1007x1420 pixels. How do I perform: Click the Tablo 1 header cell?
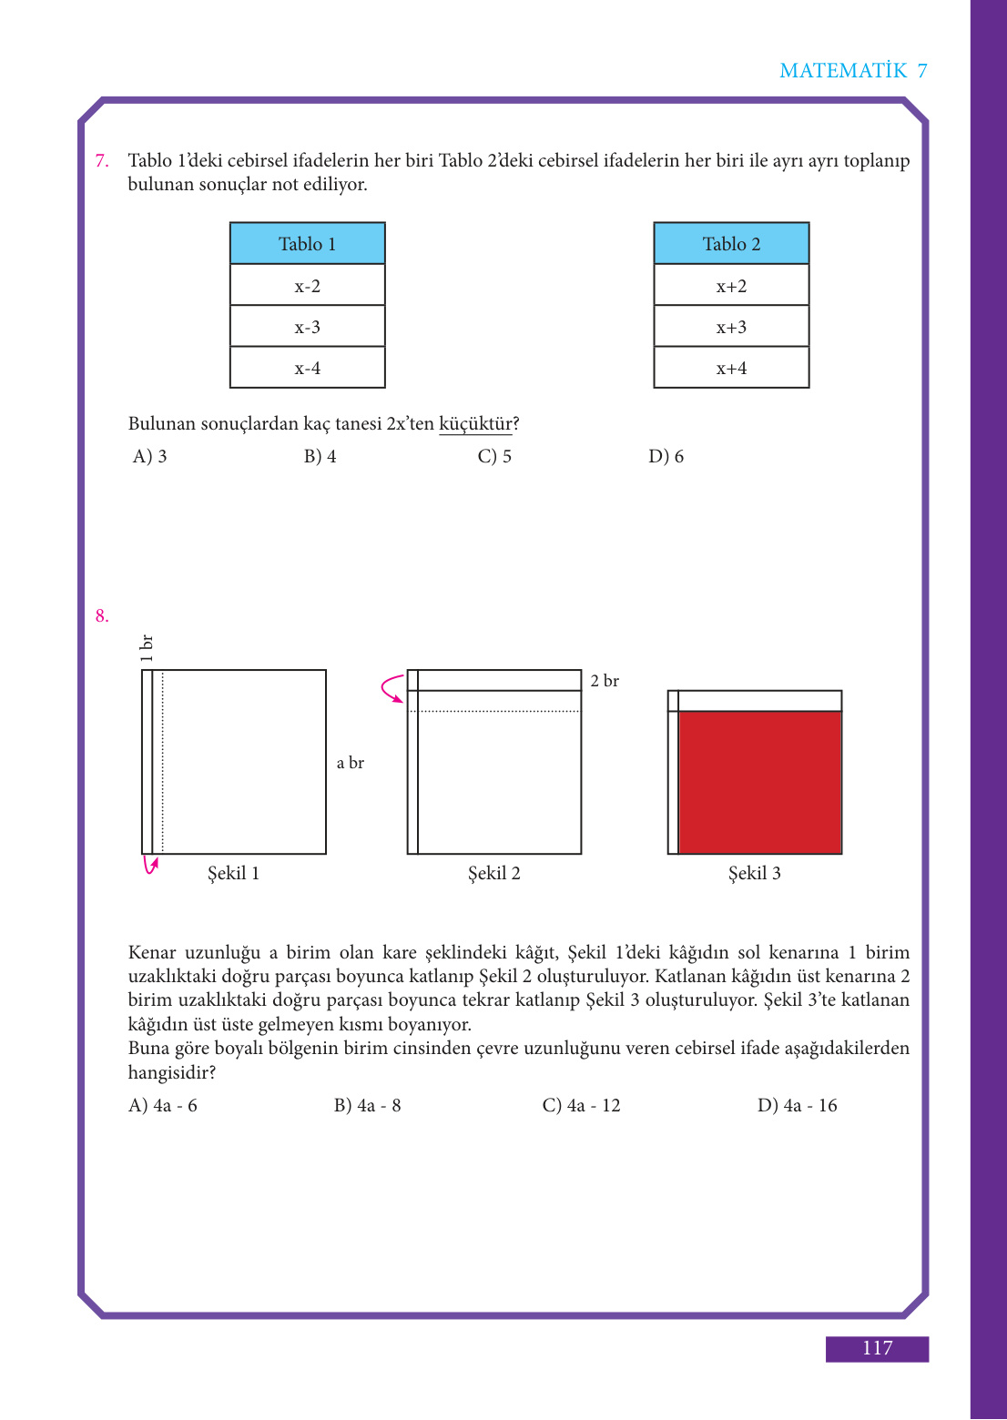pyautogui.click(x=307, y=244)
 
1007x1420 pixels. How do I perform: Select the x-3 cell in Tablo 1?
pyautogui.click(x=307, y=327)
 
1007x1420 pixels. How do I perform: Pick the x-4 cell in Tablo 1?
pyautogui.click(x=307, y=369)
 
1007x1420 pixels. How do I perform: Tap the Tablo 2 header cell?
pyautogui.click(x=731, y=244)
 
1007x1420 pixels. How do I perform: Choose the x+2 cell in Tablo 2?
pyautogui.click(x=731, y=286)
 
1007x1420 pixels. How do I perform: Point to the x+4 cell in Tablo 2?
pyautogui.click(x=731, y=369)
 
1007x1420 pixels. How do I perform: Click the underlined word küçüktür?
pyautogui.click(x=475, y=424)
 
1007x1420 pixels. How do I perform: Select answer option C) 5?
pyautogui.click(x=494, y=456)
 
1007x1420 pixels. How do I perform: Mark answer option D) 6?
pyautogui.click(x=666, y=456)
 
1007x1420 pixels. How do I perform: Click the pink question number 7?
pyautogui.click(x=102, y=161)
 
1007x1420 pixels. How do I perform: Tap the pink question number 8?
pyautogui.click(x=102, y=616)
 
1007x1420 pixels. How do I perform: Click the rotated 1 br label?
pyautogui.click(x=147, y=647)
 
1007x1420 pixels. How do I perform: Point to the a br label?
pyautogui.click(x=351, y=763)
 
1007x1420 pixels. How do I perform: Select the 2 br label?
pyautogui.click(x=605, y=681)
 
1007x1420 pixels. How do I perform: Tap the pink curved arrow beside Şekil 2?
pyautogui.click(x=392, y=689)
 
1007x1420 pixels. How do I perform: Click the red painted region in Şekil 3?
pyautogui.click(x=759, y=782)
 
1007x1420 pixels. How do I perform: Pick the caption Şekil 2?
pyautogui.click(x=494, y=873)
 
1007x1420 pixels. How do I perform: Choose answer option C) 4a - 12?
pyautogui.click(x=581, y=1105)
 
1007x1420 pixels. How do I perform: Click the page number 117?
pyautogui.click(x=877, y=1348)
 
